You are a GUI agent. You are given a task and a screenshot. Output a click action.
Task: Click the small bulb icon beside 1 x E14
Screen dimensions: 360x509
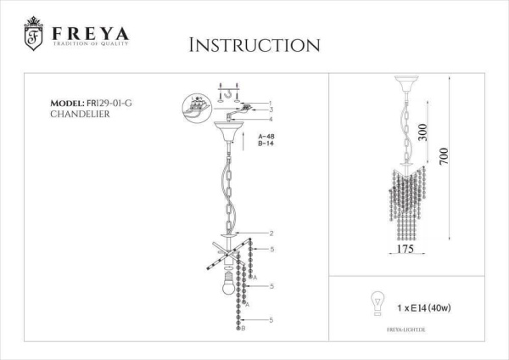(x=371, y=301)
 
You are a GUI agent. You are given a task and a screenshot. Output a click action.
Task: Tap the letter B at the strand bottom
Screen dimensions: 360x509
(x=244, y=328)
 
